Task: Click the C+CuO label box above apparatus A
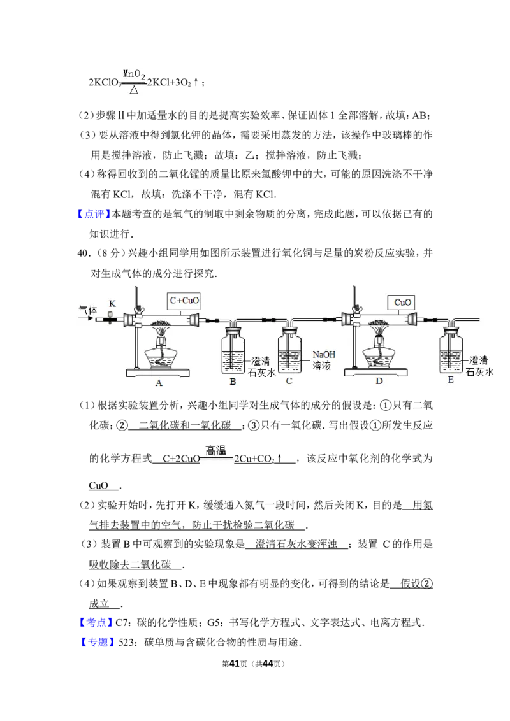(x=184, y=301)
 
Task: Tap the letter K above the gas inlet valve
(x=112, y=303)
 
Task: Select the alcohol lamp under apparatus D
(x=379, y=352)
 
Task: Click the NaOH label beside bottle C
(x=324, y=355)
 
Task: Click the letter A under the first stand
(x=159, y=383)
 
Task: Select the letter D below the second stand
(x=379, y=381)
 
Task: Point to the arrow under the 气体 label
(x=87, y=318)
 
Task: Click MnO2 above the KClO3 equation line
(x=134, y=74)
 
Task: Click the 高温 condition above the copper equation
(x=215, y=450)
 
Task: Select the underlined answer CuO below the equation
(x=99, y=485)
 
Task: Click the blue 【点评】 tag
(x=94, y=214)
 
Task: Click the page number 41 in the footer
(x=235, y=664)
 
